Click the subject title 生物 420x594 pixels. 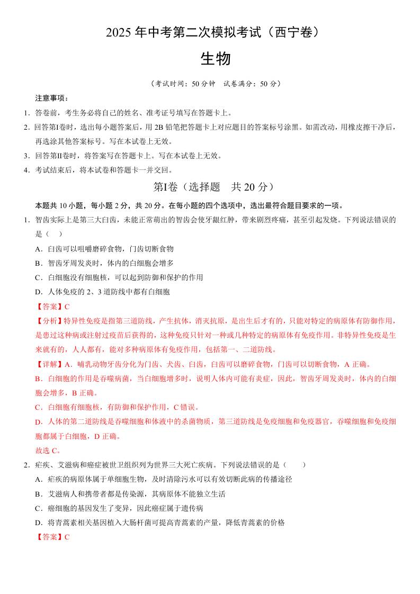215,59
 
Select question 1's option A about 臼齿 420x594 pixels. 104,248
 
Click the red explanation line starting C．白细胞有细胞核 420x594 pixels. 117,407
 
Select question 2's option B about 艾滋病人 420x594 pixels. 130,494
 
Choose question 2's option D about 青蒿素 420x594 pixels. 159,523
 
